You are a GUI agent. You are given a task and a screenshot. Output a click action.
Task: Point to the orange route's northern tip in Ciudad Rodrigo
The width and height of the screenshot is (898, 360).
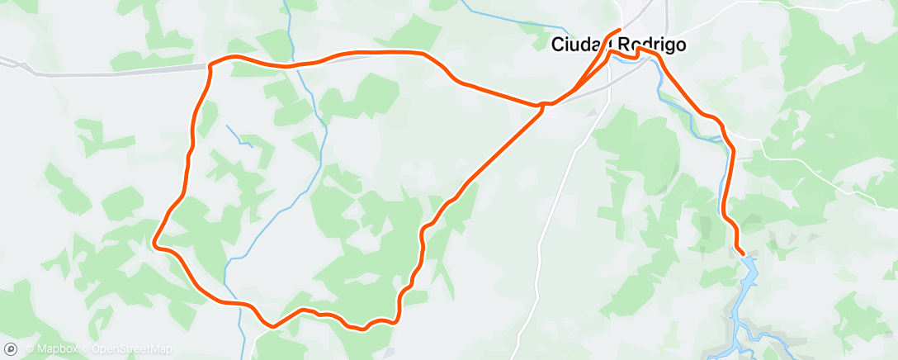(618, 31)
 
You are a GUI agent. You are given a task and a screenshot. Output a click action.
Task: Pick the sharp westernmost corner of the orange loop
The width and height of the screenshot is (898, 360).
(154, 243)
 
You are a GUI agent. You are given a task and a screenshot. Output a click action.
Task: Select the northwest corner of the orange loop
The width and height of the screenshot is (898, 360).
(212, 64)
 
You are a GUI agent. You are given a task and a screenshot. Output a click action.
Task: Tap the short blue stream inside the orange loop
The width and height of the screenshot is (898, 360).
(239, 135)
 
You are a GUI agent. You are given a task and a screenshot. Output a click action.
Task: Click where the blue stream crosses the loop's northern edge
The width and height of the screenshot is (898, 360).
(293, 64)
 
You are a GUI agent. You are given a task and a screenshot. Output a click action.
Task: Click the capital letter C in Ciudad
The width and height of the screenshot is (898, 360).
(557, 45)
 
